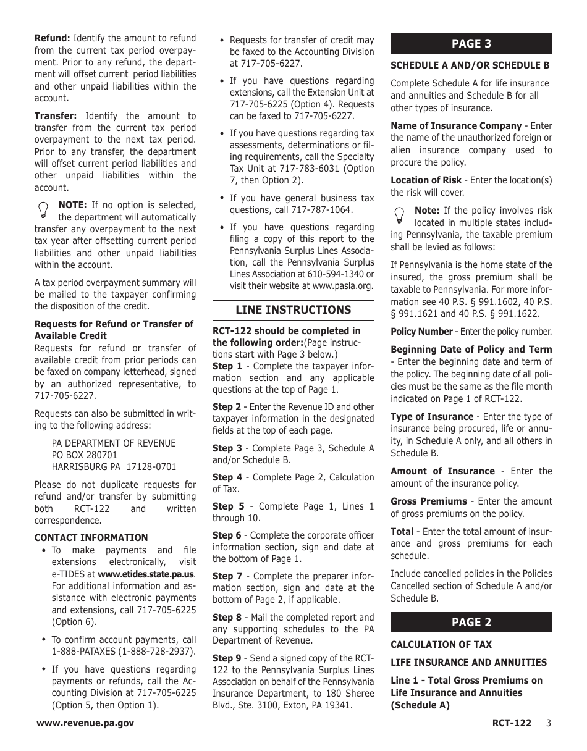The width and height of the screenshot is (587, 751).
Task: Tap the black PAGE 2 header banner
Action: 471,622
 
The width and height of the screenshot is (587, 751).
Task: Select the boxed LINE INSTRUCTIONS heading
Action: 293,310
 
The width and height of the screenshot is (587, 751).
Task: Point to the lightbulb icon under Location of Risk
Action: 400,215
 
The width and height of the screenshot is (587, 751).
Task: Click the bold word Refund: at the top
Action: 52,38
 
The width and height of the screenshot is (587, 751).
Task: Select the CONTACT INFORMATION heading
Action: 91,537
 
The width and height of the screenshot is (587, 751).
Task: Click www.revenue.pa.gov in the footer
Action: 85,723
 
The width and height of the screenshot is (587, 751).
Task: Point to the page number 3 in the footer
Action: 548,723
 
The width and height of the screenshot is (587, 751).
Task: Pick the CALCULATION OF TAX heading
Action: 441,644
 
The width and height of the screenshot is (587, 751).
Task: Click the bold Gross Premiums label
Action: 428,501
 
